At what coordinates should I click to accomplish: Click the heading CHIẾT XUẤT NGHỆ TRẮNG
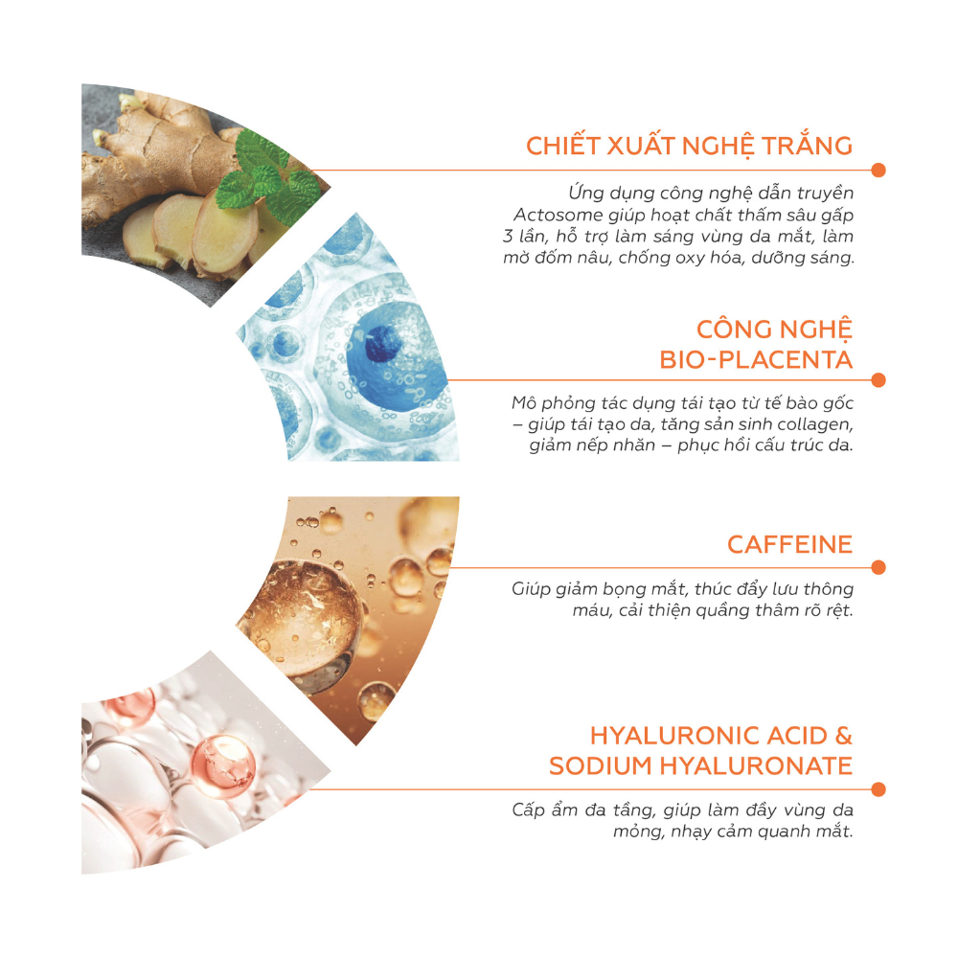(689, 146)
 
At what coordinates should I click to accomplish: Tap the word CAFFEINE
(789, 544)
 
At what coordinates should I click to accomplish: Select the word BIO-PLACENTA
(756, 360)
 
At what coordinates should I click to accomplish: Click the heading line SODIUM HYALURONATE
(700, 765)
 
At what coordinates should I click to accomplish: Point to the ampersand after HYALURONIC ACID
(844, 736)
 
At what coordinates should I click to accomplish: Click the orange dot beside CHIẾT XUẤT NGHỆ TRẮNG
(878, 170)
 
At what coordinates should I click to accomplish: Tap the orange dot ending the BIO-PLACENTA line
(878, 380)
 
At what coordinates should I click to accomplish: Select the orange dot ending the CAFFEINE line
(878, 567)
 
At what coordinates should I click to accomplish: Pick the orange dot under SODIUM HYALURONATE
(878, 789)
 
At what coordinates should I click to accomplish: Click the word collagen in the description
(815, 424)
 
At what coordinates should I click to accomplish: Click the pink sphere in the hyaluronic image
(222, 765)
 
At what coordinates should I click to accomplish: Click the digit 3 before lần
(508, 237)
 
